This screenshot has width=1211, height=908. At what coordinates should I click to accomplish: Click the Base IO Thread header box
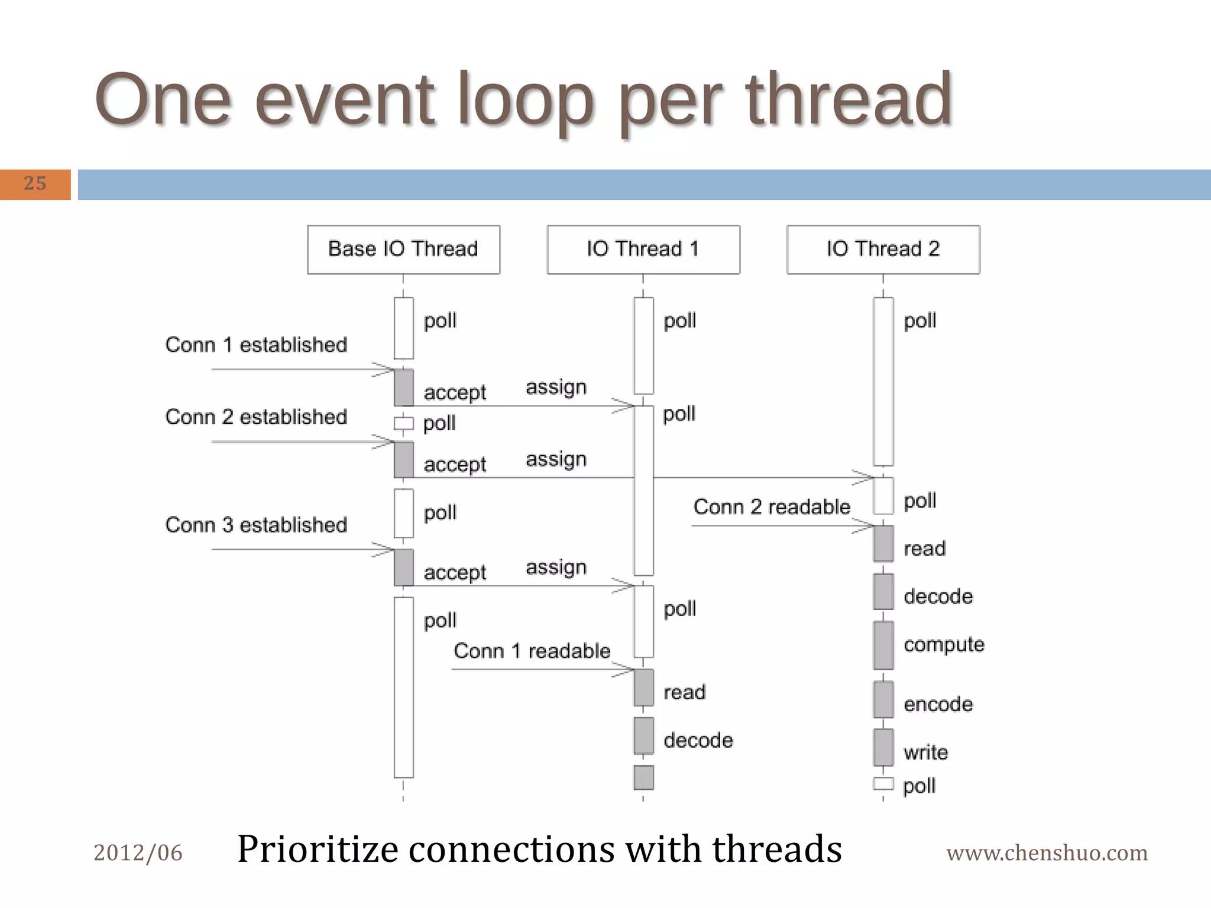pos(403,249)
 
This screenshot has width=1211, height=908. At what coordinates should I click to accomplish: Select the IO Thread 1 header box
pos(643,249)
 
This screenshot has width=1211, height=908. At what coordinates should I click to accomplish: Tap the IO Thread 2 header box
pos(883,249)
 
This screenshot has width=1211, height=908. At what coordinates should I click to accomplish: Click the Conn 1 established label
pos(256,345)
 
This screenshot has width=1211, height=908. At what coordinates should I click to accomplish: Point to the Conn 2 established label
pos(256,417)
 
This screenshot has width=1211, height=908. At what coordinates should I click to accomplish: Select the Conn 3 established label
pos(256,525)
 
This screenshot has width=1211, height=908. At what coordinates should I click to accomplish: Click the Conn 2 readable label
pos(772,507)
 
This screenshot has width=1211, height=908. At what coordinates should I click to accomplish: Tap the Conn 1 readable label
pos(532,651)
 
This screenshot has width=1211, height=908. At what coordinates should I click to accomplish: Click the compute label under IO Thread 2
pos(944,644)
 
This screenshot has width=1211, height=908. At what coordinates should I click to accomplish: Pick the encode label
pos(938,704)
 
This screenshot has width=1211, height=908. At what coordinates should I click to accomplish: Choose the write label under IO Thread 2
pos(925,753)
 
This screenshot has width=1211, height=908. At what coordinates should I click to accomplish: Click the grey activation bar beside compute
pos(883,645)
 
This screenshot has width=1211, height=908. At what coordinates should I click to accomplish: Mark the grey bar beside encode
pos(883,699)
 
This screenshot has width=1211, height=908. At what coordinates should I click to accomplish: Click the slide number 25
pos(35,184)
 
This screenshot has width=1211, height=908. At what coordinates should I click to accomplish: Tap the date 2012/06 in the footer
pos(138,853)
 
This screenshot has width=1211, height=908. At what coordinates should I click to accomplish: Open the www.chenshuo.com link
pos(1047,853)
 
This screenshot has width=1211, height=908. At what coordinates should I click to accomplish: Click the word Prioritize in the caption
pos(318,849)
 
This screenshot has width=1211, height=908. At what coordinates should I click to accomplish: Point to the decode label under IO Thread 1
pos(698,741)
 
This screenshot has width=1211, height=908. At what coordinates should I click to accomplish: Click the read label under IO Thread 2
pos(924,549)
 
